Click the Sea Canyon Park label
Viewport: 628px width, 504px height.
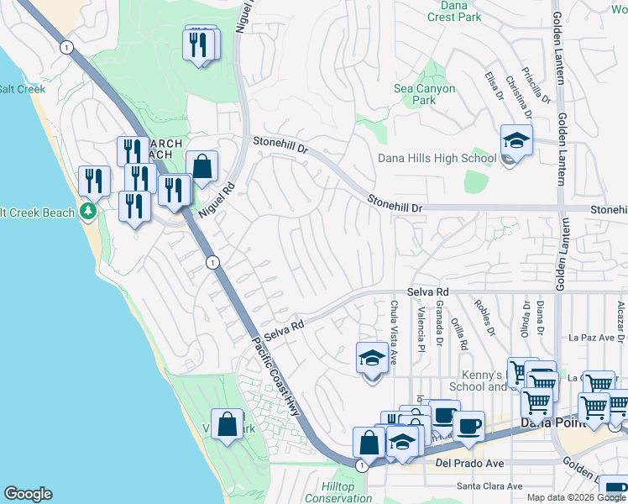pos(425,94)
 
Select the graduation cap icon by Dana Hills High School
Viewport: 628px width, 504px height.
pos(516,141)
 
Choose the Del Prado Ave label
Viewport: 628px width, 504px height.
pos(468,463)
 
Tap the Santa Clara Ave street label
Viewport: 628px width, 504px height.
pos(489,486)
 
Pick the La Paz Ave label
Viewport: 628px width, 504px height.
pos(592,338)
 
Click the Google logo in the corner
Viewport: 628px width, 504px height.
pos(28,494)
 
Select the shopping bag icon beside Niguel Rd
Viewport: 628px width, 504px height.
pos(201,167)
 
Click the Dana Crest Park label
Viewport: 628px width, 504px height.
pos(453,11)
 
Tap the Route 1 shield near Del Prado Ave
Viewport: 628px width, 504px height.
pos(360,465)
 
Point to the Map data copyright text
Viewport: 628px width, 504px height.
pos(575,497)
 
